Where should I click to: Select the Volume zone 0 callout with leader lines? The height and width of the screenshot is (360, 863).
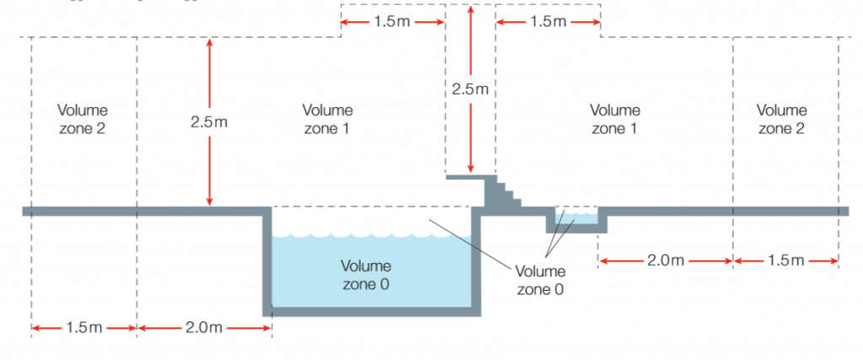tap(540, 280)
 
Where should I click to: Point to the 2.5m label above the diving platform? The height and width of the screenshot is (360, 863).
tap(470, 87)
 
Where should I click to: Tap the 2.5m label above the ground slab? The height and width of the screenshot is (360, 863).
tap(208, 121)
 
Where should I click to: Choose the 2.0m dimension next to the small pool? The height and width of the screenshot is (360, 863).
tap(665, 260)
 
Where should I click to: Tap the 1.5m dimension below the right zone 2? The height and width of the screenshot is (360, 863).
tap(785, 260)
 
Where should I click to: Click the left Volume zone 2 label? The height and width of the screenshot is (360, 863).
tap(83, 119)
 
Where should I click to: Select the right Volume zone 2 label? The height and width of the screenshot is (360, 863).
tap(781, 119)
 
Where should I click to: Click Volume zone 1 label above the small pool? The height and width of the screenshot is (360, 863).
tap(614, 119)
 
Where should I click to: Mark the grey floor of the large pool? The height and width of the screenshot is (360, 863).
tap(371, 311)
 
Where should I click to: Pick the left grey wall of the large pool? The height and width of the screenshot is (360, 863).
tap(267, 261)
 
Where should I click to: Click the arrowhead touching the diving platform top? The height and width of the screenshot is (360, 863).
tap(470, 170)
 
